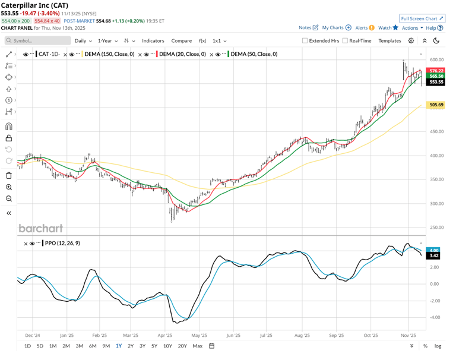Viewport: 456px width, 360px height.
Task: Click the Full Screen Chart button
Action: click(422, 18)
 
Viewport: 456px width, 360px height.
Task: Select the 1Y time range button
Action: click(119, 346)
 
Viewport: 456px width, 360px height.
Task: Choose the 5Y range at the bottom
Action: click(154, 346)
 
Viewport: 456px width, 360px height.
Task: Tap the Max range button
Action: click(197, 346)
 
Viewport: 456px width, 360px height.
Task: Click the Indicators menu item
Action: click(153, 41)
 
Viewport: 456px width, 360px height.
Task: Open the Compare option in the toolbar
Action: click(181, 41)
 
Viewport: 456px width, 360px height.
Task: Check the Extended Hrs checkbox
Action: click(305, 41)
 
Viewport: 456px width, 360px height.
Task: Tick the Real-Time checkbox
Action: click(345, 41)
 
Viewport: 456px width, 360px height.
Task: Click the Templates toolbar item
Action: click(389, 41)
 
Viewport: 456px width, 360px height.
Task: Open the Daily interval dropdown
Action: click(83, 41)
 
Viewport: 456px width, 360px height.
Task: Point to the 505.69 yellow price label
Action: click(436, 105)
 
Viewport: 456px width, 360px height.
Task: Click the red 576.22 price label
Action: click(436, 71)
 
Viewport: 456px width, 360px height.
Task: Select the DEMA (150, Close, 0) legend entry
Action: click(109, 54)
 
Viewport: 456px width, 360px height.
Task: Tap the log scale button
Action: click(438, 346)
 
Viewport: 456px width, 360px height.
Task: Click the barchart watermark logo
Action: click(40, 228)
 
